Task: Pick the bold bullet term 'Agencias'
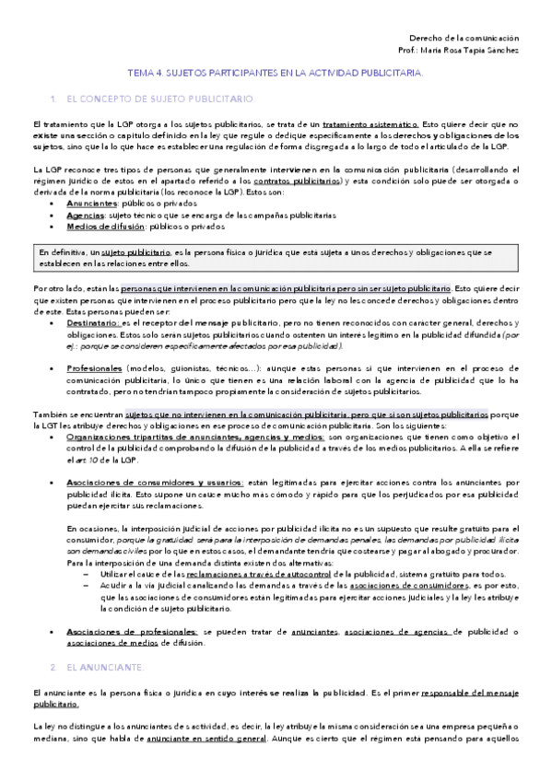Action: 86,214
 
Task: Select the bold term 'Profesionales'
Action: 98,368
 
